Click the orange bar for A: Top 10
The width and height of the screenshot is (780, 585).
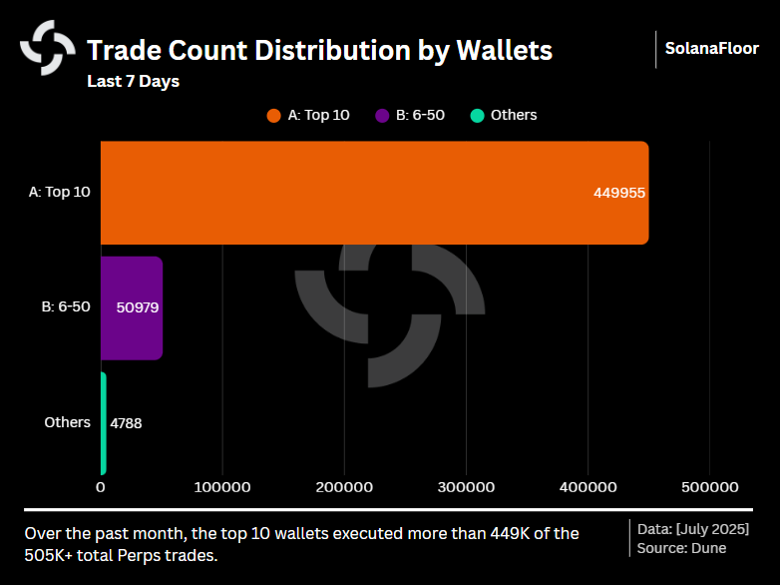click(x=374, y=193)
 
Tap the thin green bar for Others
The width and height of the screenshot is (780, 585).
click(x=103, y=423)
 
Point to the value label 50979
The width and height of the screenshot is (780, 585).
click(x=138, y=307)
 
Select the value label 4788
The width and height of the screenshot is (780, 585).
click(x=126, y=423)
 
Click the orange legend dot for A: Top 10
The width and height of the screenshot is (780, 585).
click(x=274, y=115)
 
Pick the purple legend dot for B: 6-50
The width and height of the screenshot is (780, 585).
click(x=382, y=115)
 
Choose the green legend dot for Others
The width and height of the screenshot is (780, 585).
click(x=477, y=115)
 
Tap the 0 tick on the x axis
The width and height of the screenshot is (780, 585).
click(x=101, y=487)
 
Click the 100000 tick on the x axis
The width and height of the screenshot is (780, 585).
click(x=222, y=487)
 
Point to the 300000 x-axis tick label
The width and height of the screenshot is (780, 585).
click(x=466, y=487)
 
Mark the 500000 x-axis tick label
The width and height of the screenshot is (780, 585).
click(x=709, y=487)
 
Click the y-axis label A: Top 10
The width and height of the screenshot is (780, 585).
click(x=60, y=192)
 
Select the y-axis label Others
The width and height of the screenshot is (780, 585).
click(x=68, y=422)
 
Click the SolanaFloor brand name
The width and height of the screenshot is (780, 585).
click(x=712, y=48)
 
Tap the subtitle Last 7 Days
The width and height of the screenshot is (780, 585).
click(x=133, y=81)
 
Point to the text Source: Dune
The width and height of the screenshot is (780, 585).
click(x=682, y=548)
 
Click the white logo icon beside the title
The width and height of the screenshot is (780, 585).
click(x=48, y=47)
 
